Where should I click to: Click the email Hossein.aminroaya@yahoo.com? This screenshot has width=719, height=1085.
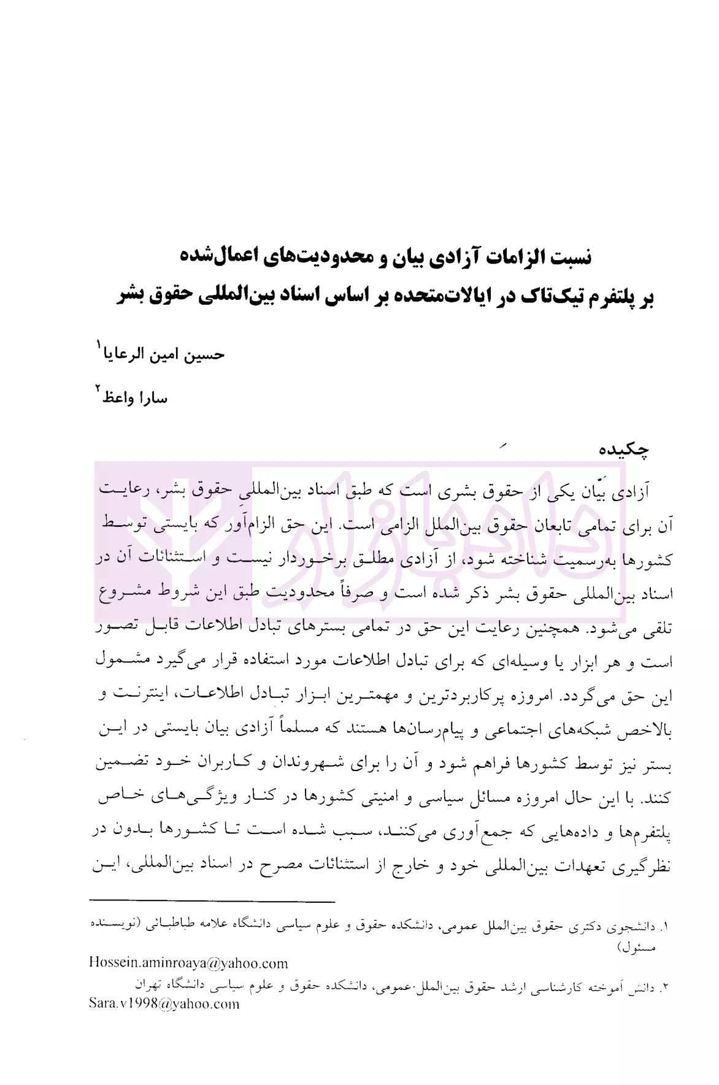click(188, 963)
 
